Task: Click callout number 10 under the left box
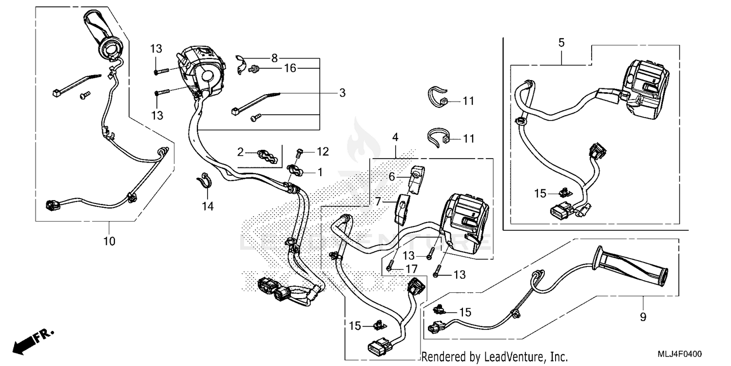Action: pyautogui.click(x=109, y=241)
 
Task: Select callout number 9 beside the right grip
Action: pyautogui.click(x=643, y=317)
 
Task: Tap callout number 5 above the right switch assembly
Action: pyautogui.click(x=561, y=43)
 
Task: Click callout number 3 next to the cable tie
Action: pyautogui.click(x=343, y=92)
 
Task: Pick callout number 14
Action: pyautogui.click(x=208, y=207)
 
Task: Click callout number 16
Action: pyautogui.click(x=290, y=69)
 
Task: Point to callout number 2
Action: pyautogui.click(x=240, y=152)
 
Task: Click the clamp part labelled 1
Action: pyautogui.click(x=295, y=170)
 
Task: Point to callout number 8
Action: pyautogui.click(x=274, y=59)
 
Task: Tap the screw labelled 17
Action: pyautogui.click(x=390, y=267)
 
